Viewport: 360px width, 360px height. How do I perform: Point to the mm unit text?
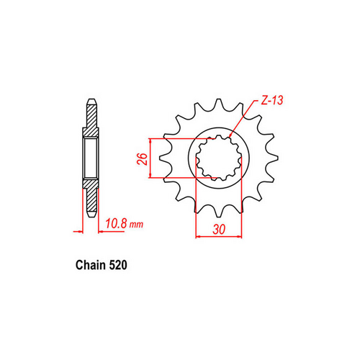click(137, 225)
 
